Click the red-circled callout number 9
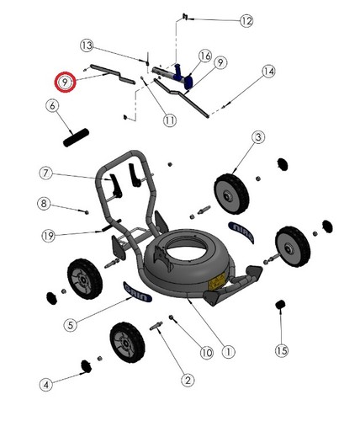[65, 83]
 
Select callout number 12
[246, 21]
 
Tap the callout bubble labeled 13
[87, 45]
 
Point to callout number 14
[268, 72]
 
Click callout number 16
[205, 56]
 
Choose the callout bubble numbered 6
[52, 106]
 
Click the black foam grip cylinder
[76, 137]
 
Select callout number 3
[258, 137]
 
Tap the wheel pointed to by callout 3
[231, 194]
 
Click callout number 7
[45, 173]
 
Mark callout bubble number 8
[44, 203]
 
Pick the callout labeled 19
[48, 236]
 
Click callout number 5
[71, 325]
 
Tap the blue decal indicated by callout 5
[138, 292]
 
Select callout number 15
[282, 350]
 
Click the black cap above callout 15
[280, 305]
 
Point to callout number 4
[46, 384]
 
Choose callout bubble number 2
[188, 380]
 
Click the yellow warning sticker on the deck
[217, 281]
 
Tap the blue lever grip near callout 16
[183, 77]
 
